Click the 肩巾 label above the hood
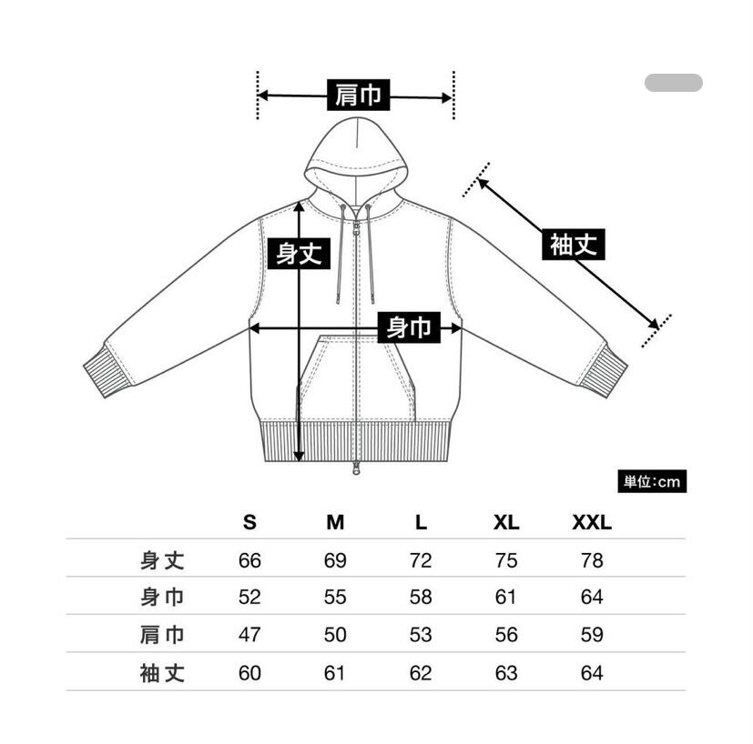(x=357, y=96)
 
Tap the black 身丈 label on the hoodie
(x=300, y=253)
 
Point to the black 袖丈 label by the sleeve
(x=574, y=245)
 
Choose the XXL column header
(x=591, y=523)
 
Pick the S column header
(x=249, y=523)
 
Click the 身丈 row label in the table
(x=163, y=560)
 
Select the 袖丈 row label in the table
(x=163, y=673)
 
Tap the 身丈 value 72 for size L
(x=421, y=560)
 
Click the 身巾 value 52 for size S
(x=249, y=598)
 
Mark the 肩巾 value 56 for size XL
(x=505, y=635)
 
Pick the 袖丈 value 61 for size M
(x=335, y=673)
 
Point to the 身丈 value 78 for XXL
(x=591, y=560)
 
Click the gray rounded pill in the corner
(x=673, y=83)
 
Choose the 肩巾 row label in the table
(x=163, y=635)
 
